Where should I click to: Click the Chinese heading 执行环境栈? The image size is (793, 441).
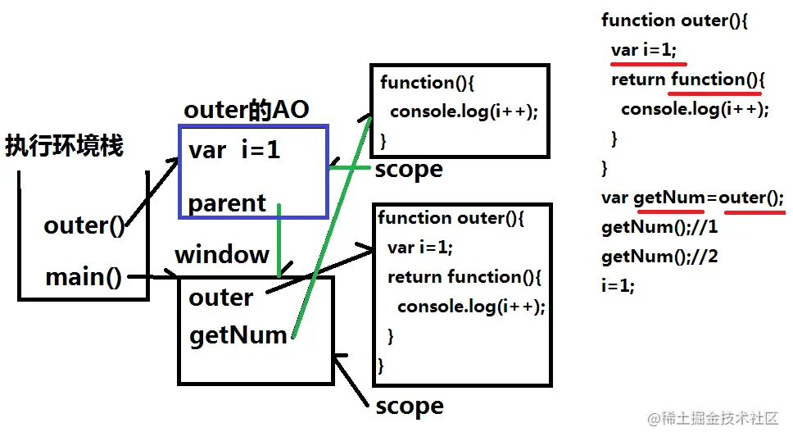point(64,146)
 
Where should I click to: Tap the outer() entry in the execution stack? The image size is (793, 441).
point(84,225)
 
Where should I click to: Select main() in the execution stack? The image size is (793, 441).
point(84,277)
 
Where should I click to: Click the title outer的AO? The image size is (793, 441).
point(247,109)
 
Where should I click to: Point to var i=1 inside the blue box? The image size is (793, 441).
point(234,150)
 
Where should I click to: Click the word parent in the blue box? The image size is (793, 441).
point(227,203)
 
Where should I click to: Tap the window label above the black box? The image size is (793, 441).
point(222,254)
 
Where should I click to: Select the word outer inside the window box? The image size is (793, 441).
point(221,298)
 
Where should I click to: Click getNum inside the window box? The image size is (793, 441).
point(238,335)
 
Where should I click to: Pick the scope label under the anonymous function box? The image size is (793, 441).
point(409,170)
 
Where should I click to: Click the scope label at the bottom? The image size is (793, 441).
point(410,406)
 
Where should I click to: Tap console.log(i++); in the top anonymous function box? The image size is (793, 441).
point(464,111)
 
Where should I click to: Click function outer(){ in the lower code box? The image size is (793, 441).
point(451,218)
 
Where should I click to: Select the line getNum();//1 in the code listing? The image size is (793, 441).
point(659,227)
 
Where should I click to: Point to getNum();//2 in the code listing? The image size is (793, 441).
point(659,257)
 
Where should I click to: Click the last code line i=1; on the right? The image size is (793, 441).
point(618,285)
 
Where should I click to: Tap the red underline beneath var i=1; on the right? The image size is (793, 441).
point(648,64)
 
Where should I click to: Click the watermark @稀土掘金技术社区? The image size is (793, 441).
point(713,418)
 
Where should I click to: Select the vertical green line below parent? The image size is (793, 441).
point(279,240)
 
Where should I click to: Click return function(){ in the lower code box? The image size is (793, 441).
point(464,277)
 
